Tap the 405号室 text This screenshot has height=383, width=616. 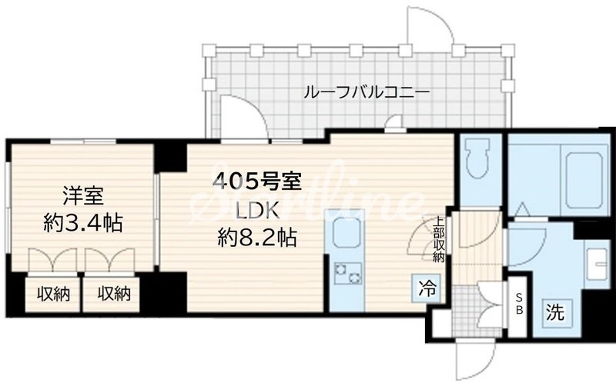[x=256, y=182]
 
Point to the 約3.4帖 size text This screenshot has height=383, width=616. [x=82, y=224]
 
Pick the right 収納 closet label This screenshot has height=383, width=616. [x=112, y=293]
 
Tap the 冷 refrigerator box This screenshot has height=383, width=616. [x=426, y=289]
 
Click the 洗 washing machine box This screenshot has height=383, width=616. [x=554, y=313]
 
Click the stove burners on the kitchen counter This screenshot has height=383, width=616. [x=347, y=271]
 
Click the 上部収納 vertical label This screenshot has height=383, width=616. [x=435, y=238]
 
